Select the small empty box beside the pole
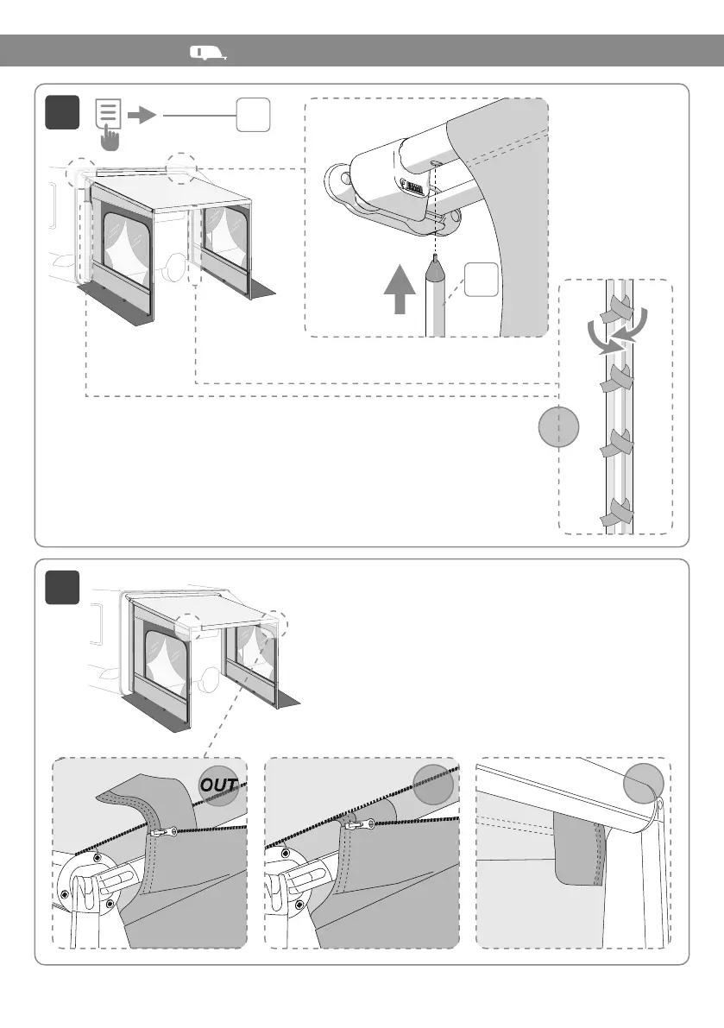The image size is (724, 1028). coord(482,281)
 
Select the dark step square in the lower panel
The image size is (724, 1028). coord(63,588)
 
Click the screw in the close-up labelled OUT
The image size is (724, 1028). coord(164,833)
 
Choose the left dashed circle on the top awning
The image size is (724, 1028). coord(82,173)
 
